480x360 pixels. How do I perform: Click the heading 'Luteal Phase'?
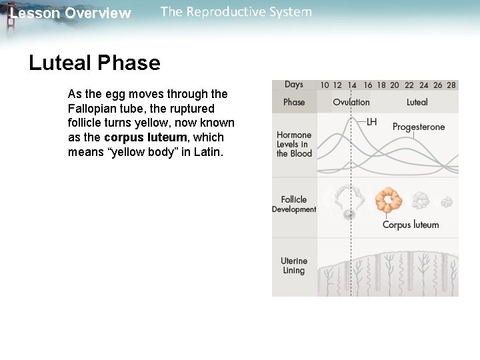point(95,63)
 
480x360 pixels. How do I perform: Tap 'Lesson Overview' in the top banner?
point(71,13)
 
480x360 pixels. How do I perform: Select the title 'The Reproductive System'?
point(236,12)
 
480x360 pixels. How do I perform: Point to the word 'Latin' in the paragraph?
point(208,152)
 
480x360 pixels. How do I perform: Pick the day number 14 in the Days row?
point(352,85)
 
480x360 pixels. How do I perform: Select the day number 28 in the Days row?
point(451,85)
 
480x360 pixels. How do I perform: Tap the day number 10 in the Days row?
point(324,85)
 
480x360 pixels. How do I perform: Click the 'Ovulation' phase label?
point(351,102)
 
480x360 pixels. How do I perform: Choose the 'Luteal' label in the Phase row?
point(417,102)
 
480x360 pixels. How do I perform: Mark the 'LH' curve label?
point(372,122)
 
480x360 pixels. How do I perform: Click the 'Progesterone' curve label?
point(419,127)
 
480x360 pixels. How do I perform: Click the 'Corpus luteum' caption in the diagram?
point(411,225)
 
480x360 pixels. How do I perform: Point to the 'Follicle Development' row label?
point(294,204)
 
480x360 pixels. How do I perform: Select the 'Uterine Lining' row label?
point(294,266)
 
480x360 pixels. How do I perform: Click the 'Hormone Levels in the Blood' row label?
point(294,144)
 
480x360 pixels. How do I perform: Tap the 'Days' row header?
point(294,85)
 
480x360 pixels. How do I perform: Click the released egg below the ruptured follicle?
point(349,215)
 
